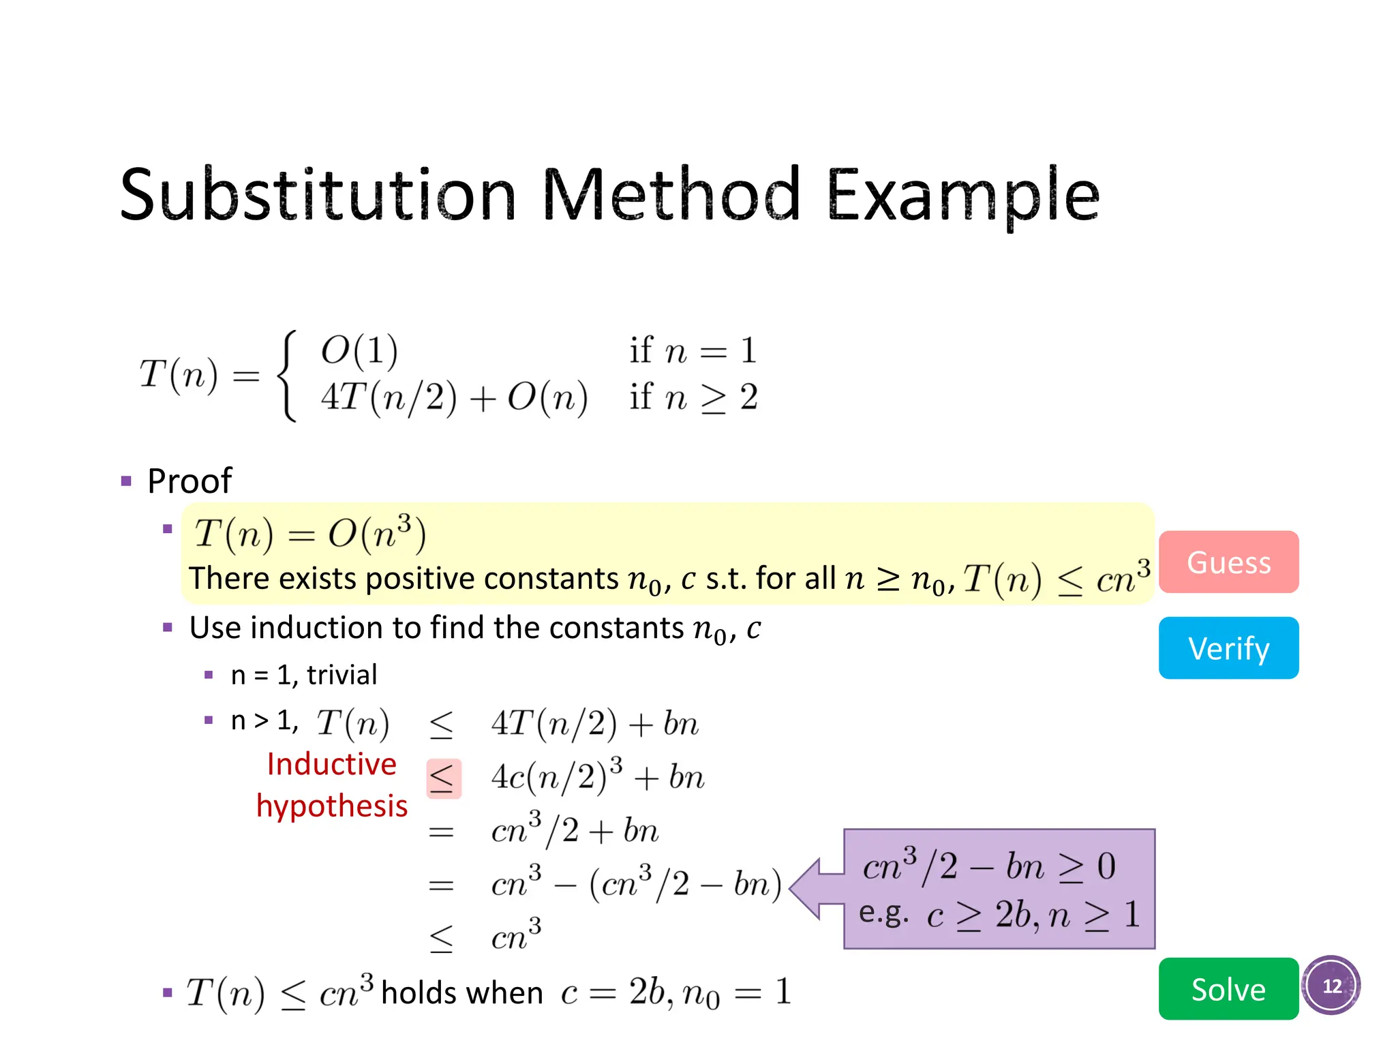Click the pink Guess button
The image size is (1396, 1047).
[x=1228, y=562]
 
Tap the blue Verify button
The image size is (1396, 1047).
[x=1228, y=648]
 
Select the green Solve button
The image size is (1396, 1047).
[x=1228, y=988]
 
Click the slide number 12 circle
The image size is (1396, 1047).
[x=1331, y=986]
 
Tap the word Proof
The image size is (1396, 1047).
[x=189, y=481]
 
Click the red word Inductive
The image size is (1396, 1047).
[x=331, y=764]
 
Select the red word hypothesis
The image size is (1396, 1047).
[x=332, y=806]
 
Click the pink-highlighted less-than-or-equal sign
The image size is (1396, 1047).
[x=444, y=778]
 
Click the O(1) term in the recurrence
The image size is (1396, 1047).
[x=359, y=350]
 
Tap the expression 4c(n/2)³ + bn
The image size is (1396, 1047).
[x=597, y=776]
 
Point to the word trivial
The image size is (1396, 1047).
[x=342, y=675]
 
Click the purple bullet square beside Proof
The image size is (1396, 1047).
[x=126, y=481]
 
